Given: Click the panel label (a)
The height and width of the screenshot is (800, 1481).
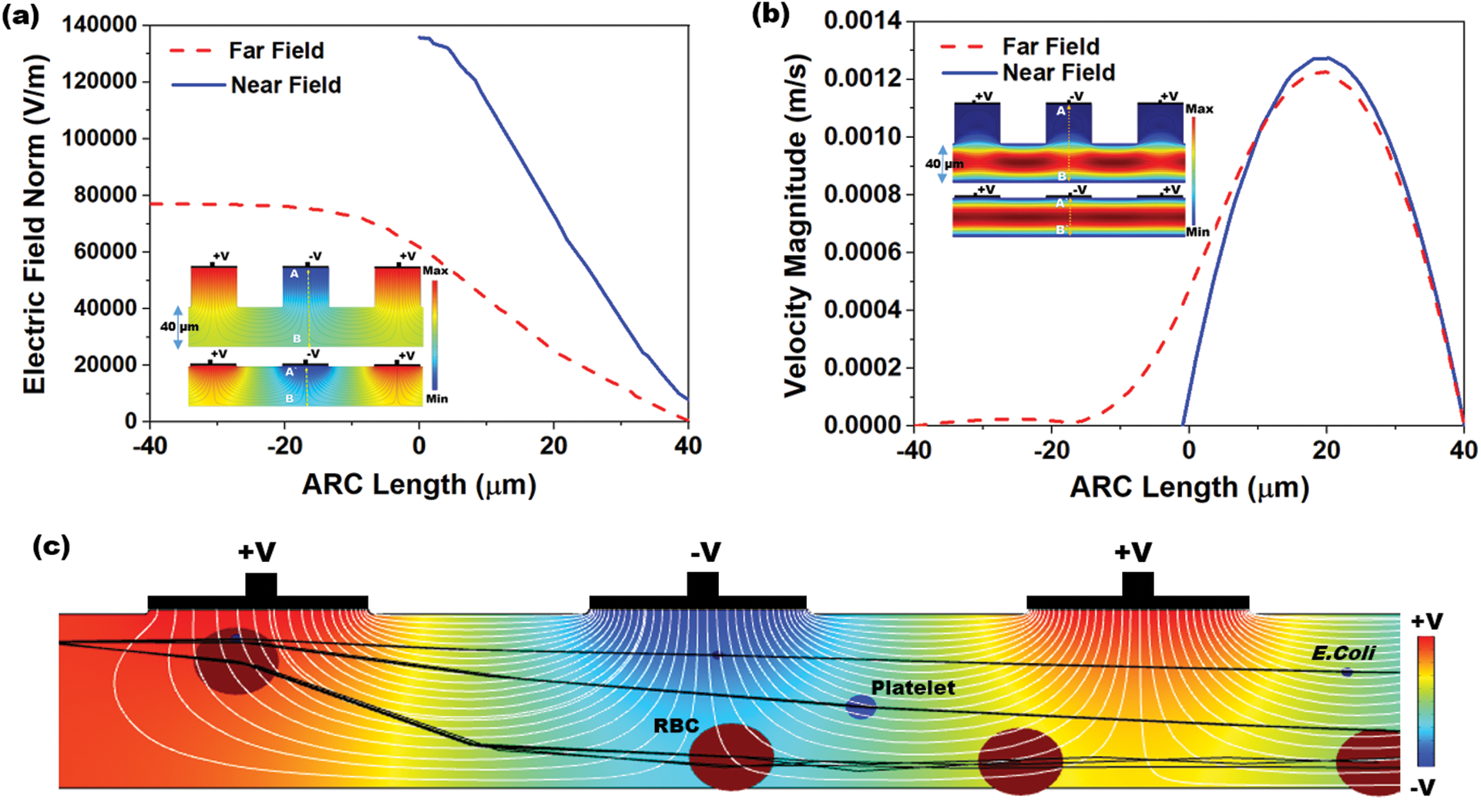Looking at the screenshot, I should pos(21,16).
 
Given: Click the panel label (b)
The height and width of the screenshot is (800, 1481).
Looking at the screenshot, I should pos(771,16).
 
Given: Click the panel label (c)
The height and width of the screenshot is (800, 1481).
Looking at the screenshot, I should pos(52,546).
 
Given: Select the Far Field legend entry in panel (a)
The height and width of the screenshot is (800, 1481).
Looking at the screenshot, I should pos(276,51).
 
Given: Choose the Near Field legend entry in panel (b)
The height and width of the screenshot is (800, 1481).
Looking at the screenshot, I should pos(1058,72).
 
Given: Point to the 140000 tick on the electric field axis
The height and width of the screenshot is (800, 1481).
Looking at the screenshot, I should pos(99,25).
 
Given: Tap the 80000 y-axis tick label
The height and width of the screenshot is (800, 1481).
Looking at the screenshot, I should pos(106,195).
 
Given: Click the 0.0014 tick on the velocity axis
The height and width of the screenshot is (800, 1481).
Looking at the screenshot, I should pos(862,21).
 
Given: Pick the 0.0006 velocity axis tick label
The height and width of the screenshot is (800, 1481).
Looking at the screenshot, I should pos(862,252).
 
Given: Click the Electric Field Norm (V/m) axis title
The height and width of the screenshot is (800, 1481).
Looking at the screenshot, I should pos(35,224).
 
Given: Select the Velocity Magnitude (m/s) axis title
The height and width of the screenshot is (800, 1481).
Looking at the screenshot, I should pos(795,225).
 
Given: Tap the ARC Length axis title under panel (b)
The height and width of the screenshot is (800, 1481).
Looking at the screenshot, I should pos(1189,487).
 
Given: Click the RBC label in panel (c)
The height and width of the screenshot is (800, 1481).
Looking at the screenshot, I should pos(676,725).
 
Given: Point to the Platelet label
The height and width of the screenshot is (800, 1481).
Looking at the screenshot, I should pos(912,687).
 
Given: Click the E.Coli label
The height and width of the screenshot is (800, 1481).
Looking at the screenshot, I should pos(1343,654).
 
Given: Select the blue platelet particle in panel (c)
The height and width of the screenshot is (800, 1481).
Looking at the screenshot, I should pos(861,707).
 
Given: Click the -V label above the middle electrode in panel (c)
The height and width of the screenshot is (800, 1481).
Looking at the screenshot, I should pos(705,552).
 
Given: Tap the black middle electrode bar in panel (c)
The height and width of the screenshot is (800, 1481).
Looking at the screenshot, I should pos(697,602).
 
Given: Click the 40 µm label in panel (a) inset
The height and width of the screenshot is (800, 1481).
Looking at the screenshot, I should pos(180,327).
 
